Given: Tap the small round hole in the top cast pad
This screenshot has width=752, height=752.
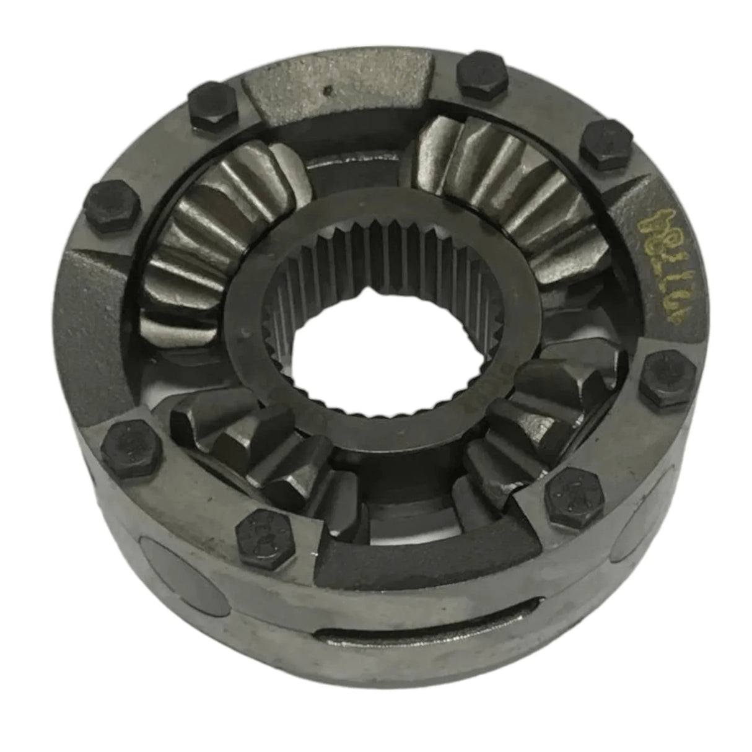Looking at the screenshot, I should pyautogui.click(x=329, y=91).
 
